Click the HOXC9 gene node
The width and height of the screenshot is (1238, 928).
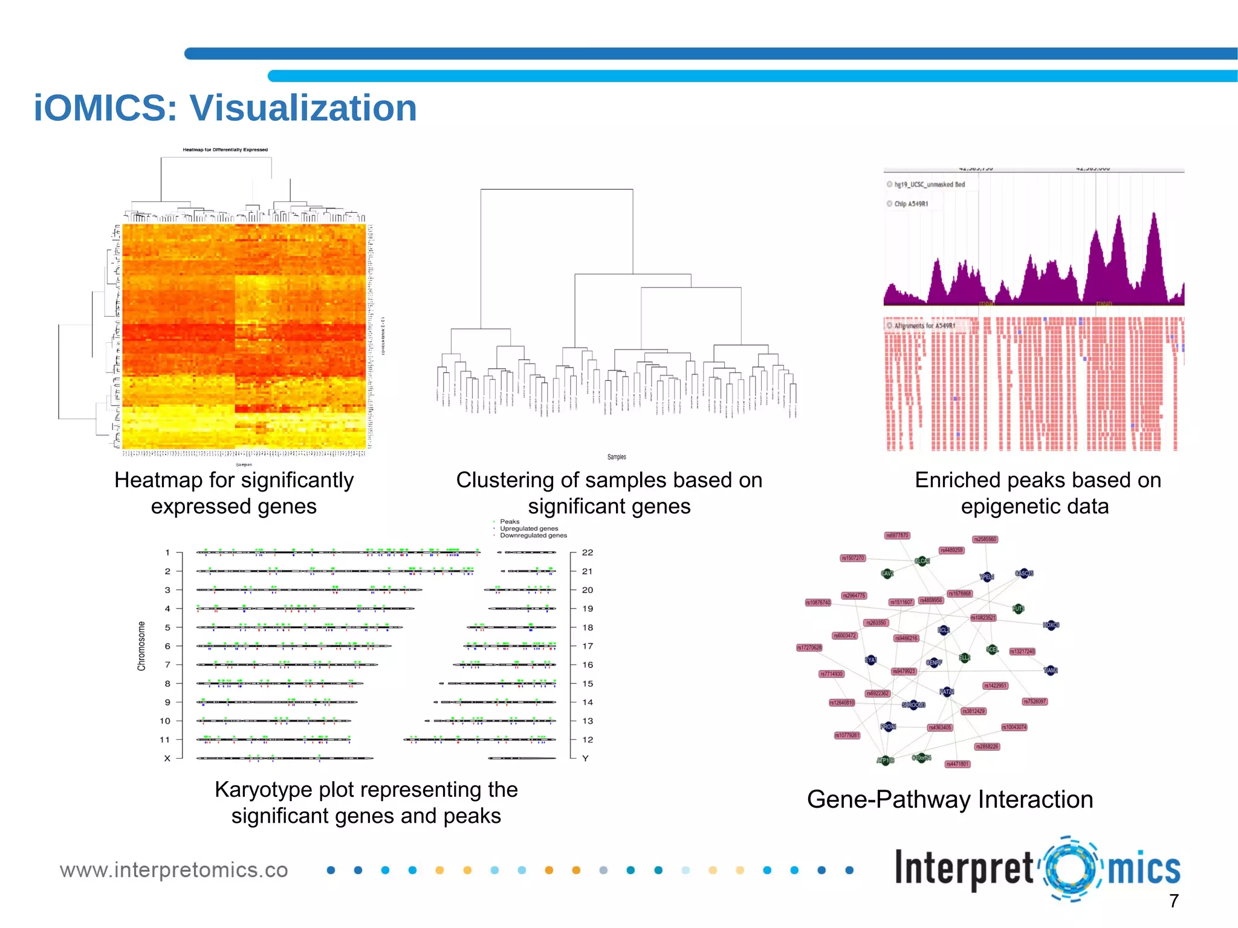click(x=1051, y=625)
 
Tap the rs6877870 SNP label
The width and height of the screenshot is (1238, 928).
click(x=897, y=536)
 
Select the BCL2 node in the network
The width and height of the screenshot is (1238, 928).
click(x=943, y=631)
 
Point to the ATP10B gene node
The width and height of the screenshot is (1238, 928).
click(x=886, y=761)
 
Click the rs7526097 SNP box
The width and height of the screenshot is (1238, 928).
click(x=1034, y=702)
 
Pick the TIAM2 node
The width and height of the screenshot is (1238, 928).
click(x=1051, y=670)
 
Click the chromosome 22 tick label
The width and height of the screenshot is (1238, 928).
click(x=587, y=553)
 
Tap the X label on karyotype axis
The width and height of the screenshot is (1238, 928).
click(x=167, y=758)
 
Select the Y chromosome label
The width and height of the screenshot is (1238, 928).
click(x=585, y=758)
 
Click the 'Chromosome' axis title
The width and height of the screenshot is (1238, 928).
click(x=141, y=646)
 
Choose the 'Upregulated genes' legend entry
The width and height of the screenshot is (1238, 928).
click(x=529, y=528)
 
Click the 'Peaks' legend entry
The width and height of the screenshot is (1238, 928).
click(x=510, y=522)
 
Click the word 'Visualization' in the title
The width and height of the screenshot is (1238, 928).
click(x=303, y=108)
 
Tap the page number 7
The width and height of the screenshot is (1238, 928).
click(x=1173, y=901)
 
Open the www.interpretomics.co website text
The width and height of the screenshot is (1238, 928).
click(x=173, y=870)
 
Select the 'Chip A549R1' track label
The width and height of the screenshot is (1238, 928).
click(x=910, y=204)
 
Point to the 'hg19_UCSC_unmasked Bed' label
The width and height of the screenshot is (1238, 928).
click(x=929, y=184)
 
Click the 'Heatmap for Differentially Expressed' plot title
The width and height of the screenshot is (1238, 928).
click(x=225, y=150)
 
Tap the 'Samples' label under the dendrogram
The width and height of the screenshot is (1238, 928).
click(x=617, y=457)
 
